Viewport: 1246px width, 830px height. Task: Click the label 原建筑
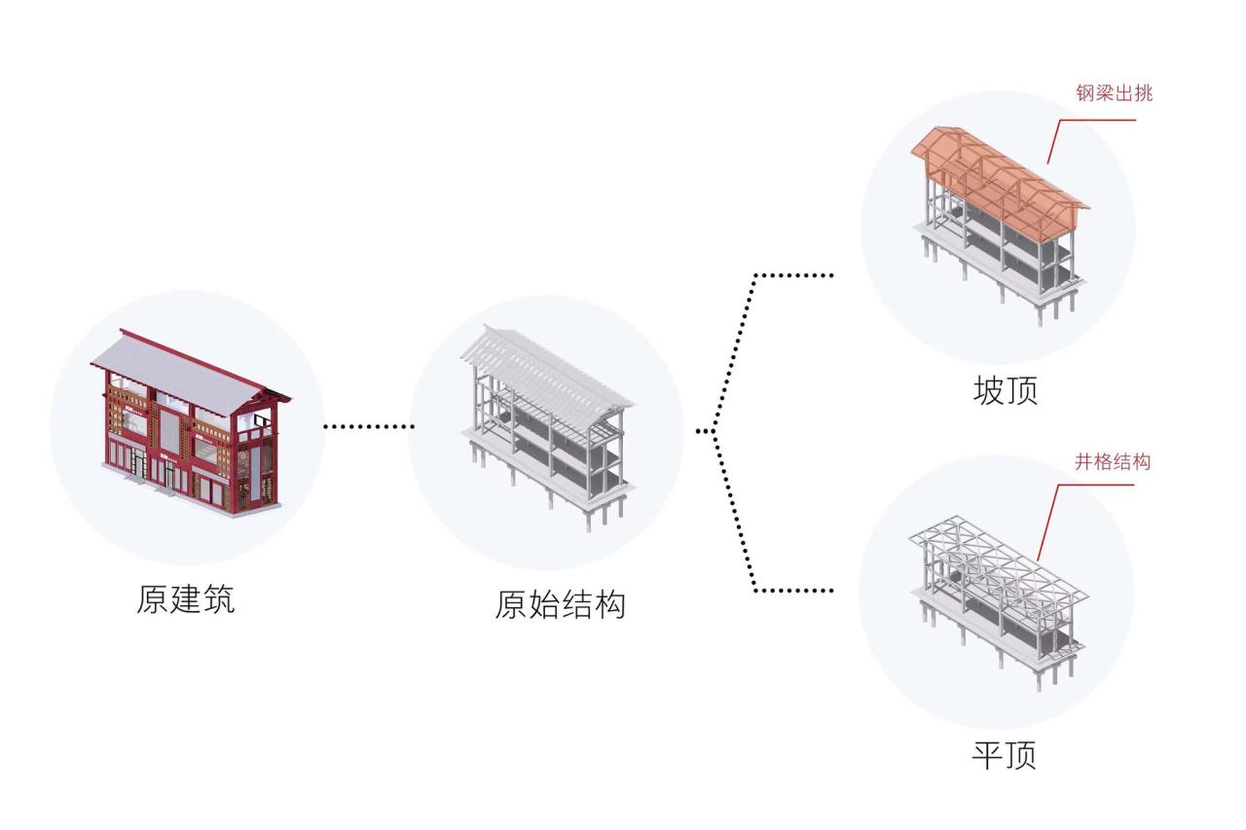tap(185, 598)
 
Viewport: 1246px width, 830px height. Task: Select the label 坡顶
tap(1005, 390)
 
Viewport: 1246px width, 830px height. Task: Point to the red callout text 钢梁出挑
tap(1114, 93)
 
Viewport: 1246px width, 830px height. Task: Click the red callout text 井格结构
tap(1112, 461)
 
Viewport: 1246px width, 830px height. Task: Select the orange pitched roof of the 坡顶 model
tap(1003, 170)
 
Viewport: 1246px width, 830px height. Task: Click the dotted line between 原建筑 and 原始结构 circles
tap(368, 425)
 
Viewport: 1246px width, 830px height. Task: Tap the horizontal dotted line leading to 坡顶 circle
tap(793, 275)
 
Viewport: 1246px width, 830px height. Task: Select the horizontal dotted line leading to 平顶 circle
tap(793, 590)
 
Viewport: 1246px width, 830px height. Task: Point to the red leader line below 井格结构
tap(1049, 516)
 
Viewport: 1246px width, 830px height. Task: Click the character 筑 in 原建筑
tap(218, 598)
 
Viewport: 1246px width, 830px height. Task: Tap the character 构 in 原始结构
tap(609, 604)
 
